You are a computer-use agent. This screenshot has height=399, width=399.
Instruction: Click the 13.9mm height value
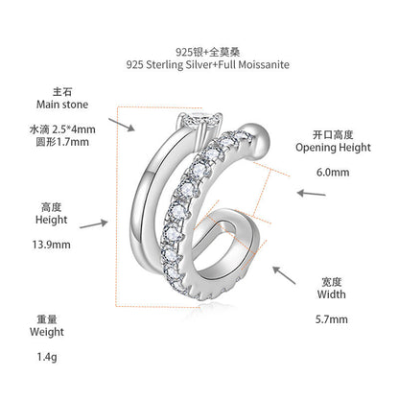(51, 245)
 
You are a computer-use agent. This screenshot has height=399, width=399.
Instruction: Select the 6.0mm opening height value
(333, 173)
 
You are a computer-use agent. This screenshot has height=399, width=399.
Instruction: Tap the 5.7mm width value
(332, 319)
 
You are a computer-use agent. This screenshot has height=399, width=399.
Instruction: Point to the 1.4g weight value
(47, 357)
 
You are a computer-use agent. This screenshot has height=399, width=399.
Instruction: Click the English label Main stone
(62, 105)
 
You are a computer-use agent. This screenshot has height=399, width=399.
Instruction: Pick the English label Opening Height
(333, 148)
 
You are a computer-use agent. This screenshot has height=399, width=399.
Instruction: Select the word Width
(332, 294)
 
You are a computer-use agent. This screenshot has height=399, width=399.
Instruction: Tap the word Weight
(47, 332)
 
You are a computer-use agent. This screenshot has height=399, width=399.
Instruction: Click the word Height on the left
(52, 220)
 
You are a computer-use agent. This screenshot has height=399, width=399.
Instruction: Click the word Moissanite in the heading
(264, 65)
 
